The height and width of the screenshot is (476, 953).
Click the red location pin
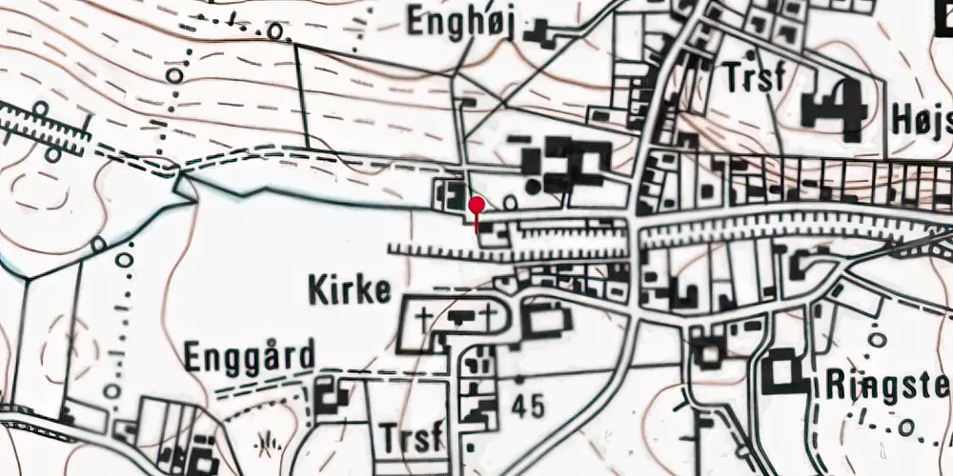(476, 205)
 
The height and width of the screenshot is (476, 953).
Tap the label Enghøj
(460, 22)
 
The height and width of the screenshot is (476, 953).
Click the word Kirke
(350, 290)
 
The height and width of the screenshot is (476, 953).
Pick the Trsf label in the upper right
(754, 77)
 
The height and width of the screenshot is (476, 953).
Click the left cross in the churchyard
(422, 315)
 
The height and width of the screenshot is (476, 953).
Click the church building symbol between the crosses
(458, 316)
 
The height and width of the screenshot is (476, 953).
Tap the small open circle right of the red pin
(509, 202)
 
